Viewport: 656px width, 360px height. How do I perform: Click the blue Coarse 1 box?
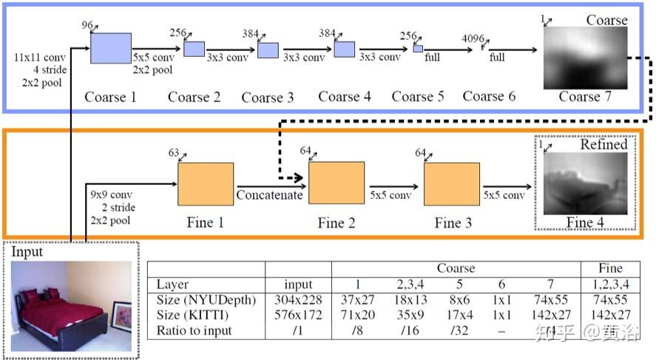pos(111,48)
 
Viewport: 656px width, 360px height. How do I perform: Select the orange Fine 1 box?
pos(206,183)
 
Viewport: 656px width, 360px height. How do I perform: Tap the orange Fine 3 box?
pos(451,183)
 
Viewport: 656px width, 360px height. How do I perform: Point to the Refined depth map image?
pos(585,183)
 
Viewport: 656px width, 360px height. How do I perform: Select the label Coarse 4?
pos(345,97)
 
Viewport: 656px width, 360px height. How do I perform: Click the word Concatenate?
pos(269,195)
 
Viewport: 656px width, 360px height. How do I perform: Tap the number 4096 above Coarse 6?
pos(473,38)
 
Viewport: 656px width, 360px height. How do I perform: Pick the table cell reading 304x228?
pos(299,300)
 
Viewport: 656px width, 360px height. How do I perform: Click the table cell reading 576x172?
pos(299,315)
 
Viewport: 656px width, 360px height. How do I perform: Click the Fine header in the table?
pos(610,268)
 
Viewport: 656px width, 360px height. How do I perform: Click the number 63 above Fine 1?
pos(175,154)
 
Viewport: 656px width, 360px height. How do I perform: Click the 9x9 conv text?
pos(108,195)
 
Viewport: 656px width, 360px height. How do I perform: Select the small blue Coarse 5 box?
pos(418,48)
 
